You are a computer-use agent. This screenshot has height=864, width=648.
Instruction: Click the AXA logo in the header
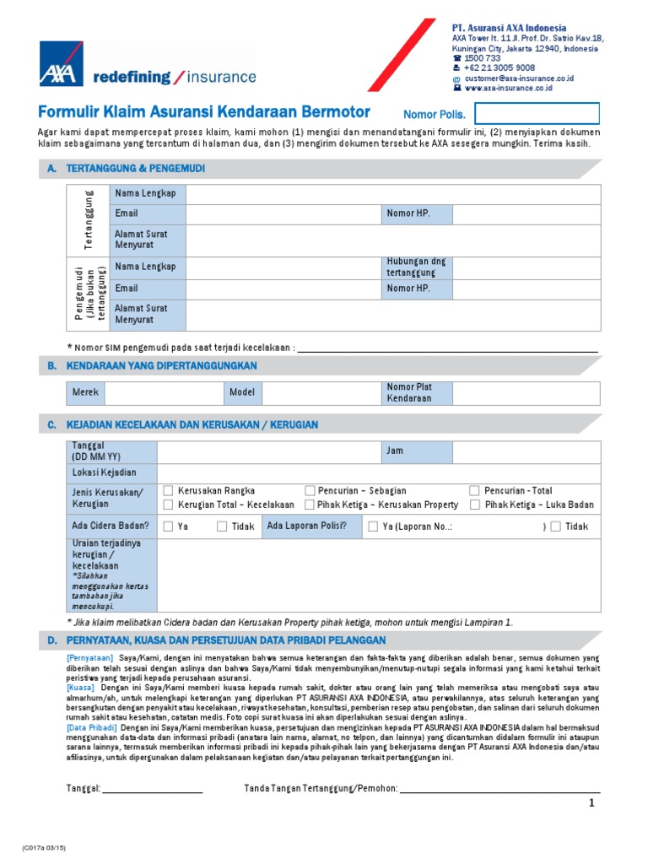point(61,63)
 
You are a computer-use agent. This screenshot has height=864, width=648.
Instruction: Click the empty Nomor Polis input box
point(537,114)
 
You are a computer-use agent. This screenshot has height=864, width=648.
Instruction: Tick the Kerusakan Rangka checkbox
point(169,490)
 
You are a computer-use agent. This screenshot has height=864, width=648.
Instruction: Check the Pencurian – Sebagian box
point(310,490)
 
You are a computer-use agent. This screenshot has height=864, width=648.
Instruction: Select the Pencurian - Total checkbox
point(475,490)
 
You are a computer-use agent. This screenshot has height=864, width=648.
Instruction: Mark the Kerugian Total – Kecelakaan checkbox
point(169,505)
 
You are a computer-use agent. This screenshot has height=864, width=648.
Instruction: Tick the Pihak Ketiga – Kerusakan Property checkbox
point(310,505)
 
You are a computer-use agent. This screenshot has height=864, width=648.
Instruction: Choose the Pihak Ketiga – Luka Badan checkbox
point(475,505)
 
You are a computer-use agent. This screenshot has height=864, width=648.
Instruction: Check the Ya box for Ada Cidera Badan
point(169,526)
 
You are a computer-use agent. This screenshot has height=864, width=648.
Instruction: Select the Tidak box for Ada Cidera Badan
point(222,526)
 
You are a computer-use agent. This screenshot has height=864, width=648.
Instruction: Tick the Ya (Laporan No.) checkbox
point(374,526)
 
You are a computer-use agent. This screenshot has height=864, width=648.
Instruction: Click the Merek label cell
point(86,392)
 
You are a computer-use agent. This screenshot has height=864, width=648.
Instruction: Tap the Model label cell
point(242,392)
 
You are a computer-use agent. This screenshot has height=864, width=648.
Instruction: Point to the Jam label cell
point(417,451)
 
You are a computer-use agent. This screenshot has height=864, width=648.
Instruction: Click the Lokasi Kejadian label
point(105,472)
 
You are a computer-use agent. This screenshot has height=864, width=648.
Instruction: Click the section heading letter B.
point(51,365)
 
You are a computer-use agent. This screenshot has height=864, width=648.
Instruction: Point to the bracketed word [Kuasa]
point(81,688)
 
